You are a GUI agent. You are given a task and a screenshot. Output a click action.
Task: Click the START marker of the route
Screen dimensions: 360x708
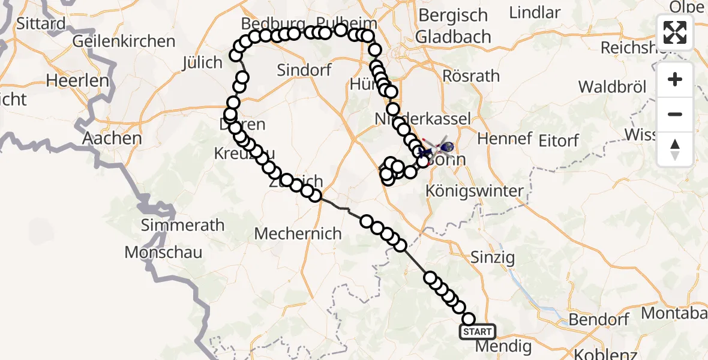tap(477, 331)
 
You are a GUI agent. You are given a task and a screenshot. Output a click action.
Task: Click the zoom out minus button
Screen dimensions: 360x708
tap(675, 114)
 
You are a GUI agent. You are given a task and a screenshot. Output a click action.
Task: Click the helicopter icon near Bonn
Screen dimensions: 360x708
tap(445, 146)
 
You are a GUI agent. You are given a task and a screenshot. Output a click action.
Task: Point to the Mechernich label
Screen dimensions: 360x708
tap(298, 233)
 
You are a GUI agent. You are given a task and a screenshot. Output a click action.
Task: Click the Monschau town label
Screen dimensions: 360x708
tap(163, 252)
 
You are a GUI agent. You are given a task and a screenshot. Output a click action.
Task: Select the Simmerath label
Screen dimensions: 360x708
tap(174, 226)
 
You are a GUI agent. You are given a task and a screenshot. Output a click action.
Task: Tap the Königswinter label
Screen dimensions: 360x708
tap(474, 191)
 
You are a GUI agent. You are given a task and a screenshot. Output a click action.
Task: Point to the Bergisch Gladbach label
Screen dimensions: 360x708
tap(454, 25)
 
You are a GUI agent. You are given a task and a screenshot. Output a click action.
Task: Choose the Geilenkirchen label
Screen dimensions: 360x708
tap(124, 41)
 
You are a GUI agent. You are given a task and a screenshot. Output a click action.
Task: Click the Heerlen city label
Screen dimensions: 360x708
tap(78, 80)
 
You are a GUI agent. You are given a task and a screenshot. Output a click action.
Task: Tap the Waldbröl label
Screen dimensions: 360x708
tap(613, 87)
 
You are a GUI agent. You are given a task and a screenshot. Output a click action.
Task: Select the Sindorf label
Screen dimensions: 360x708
tap(304, 70)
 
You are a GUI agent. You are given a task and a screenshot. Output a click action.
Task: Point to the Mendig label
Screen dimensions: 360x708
tap(503, 346)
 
